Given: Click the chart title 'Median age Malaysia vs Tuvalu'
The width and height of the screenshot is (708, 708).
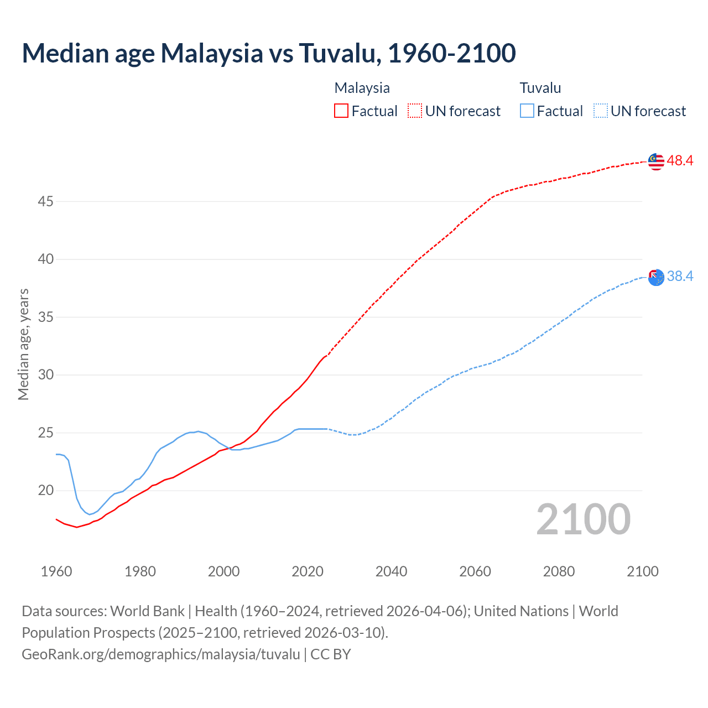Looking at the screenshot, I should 269,53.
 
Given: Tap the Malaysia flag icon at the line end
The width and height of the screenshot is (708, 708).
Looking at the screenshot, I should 656,161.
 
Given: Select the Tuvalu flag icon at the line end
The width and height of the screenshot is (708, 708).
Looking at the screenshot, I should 656,277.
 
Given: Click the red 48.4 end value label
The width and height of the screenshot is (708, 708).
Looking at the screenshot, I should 680,161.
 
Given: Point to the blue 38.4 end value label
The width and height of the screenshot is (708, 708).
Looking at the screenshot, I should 680,276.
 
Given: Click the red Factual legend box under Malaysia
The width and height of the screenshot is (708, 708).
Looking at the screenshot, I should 341,111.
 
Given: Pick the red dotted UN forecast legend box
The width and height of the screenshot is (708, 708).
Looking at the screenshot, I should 415,111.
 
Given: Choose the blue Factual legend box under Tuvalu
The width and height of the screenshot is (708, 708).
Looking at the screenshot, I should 527,111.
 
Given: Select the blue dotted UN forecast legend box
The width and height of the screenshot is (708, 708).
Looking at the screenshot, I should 600,111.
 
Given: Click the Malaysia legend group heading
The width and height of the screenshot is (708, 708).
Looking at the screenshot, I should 362,88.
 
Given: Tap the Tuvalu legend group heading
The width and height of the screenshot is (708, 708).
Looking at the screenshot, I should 540,88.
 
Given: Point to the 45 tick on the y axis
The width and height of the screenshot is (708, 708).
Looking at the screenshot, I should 45,201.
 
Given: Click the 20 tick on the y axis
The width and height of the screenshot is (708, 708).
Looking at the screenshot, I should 45,491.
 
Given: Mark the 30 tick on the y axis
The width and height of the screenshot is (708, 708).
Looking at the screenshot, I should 45,375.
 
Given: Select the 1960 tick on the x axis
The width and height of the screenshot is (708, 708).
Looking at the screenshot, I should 56,571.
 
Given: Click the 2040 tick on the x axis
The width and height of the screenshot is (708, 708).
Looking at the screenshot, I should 391,571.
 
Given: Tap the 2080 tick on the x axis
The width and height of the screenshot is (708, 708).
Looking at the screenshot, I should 559,571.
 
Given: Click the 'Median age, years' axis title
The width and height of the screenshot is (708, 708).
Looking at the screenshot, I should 23,344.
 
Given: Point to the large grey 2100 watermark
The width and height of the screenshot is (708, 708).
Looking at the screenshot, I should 583,519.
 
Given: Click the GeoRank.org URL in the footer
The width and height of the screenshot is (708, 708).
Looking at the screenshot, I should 161,654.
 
